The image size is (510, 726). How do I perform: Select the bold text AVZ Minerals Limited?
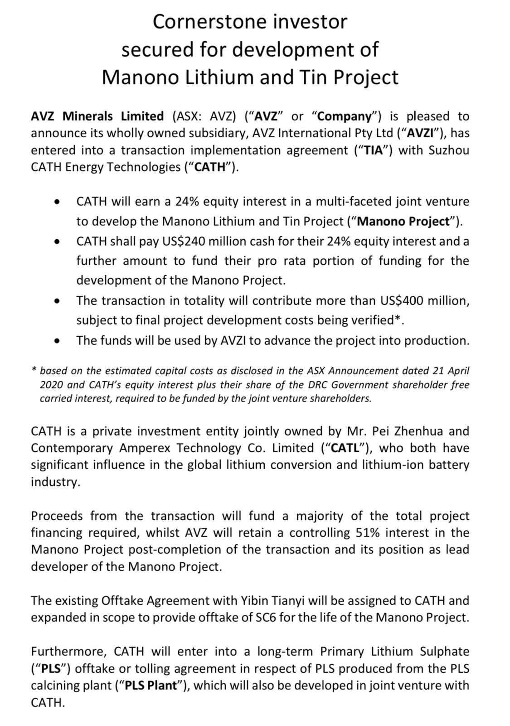(x=97, y=116)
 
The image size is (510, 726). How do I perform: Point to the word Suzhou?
(x=448, y=150)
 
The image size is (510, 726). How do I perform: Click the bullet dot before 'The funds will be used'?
(x=56, y=341)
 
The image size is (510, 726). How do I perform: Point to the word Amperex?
(x=146, y=448)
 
